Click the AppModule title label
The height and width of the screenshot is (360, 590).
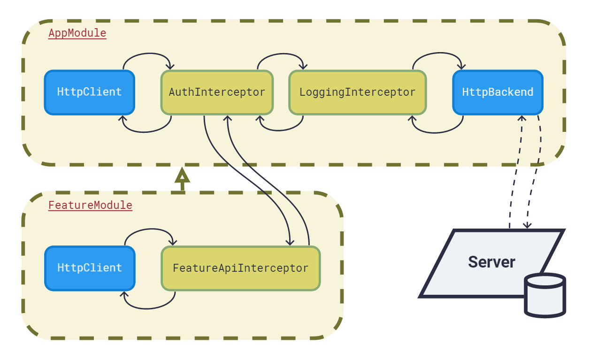tap(77, 33)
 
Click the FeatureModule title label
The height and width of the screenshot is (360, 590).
tap(90, 205)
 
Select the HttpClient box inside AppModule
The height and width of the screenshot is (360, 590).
tap(90, 92)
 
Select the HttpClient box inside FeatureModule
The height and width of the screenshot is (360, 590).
tap(90, 268)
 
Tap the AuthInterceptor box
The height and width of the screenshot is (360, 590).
tap(217, 92)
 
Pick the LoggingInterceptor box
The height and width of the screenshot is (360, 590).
tap(357, 92)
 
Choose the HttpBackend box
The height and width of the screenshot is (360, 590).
tap(498, 92)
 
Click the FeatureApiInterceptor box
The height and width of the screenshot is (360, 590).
tap(241, 268)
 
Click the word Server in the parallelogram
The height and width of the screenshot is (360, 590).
tap(491, 262)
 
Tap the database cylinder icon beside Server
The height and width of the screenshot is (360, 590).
tap(545, 295)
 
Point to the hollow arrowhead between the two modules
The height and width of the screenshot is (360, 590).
tap(182, 175)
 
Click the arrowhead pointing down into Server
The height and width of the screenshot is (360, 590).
tap(527, 225)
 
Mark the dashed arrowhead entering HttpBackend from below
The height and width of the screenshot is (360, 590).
tap(522, 118)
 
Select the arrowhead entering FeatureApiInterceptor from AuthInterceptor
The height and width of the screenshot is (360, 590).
tap(290, 242)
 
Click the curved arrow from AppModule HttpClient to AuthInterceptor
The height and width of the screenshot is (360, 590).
tap(148, 54)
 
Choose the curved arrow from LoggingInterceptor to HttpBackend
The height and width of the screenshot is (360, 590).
tap(439, 53)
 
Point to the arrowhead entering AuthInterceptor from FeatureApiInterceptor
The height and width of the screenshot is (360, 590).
tap(228, 118)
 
